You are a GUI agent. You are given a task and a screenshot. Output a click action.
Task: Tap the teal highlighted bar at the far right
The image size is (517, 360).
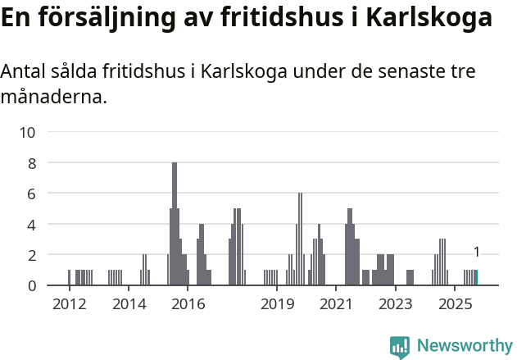tap(476, 278)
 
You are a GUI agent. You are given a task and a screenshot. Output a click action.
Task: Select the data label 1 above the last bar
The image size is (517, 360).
tap(476, 253)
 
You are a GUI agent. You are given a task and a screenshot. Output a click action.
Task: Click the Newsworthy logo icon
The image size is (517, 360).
tap(400, 347)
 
